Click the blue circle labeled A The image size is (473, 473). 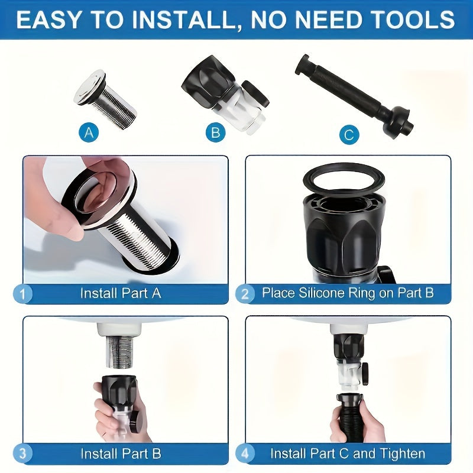point(89,132)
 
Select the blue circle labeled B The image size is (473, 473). point(216,132)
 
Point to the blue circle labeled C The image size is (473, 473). point(349,135)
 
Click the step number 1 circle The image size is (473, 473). point(22,293)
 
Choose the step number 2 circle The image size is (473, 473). point(245,293)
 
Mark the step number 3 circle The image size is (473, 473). point(22,454)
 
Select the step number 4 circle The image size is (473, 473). point(245,454)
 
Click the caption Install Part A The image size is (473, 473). point(120,293)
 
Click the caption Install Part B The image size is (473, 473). point(120,454)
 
